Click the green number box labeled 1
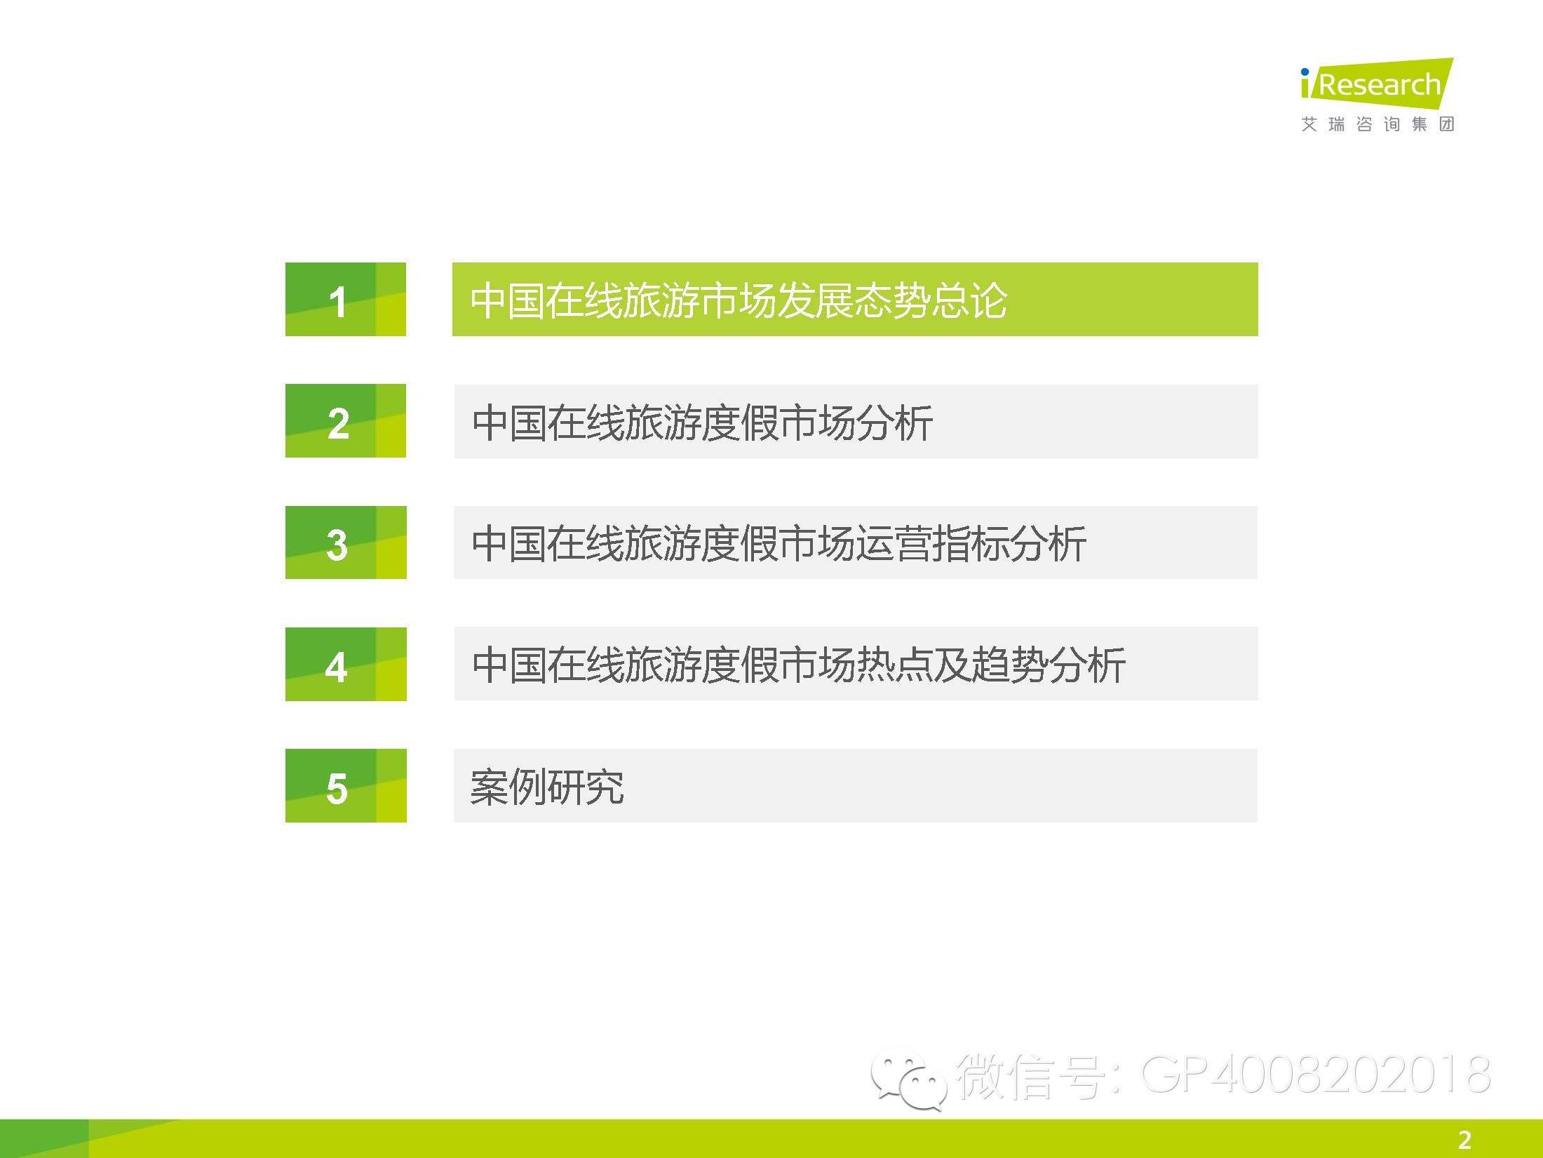(x=346, y=299)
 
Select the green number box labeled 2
(x=346, y=421)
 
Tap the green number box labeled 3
(x=346, y=543)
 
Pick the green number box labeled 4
(x=346, y=664)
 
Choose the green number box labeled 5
(x=346, y=785)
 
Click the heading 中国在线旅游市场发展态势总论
(x=739, y=300)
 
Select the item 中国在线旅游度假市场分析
(x=702, y=422)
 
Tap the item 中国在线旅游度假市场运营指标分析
(x=779, y=544)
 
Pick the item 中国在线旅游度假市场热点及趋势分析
(x=799, y=665)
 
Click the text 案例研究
(x=547, y=787)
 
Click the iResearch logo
(x=1377, y=84)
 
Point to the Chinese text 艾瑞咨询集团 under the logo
(x=1377, y=124)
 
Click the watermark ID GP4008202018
(x=1316, y=1074)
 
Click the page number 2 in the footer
(x=1464, y=1139)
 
